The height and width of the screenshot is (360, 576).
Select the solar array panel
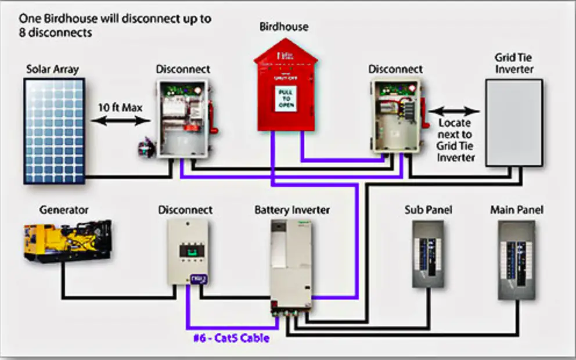click(54, 131)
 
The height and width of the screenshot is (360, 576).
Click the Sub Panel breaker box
click(428, 254)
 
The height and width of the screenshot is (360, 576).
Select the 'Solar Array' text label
click(52, 70)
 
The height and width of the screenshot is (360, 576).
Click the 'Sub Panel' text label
click(428, 209)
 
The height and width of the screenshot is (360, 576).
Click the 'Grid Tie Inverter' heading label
click(513, 63)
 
